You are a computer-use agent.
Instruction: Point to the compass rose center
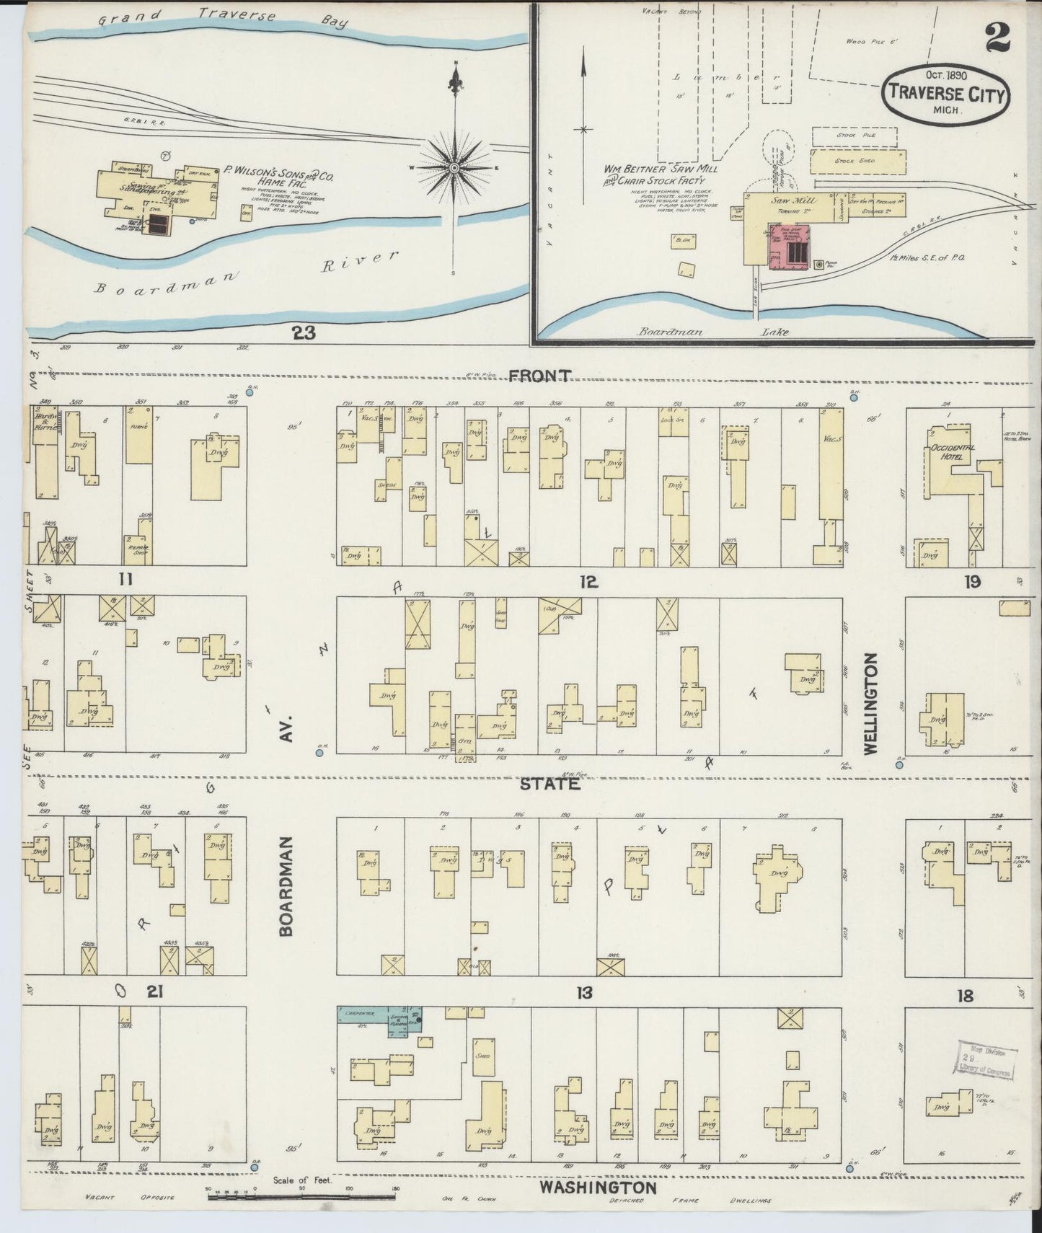coord(454,168)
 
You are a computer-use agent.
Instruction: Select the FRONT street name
coord(540,376)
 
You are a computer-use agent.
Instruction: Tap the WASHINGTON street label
coord(598,1187)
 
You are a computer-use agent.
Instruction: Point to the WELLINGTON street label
coord(870,704)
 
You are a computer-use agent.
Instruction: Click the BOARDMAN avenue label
coord(286,886)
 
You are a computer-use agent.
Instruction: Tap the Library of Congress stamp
coord(986,1060)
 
